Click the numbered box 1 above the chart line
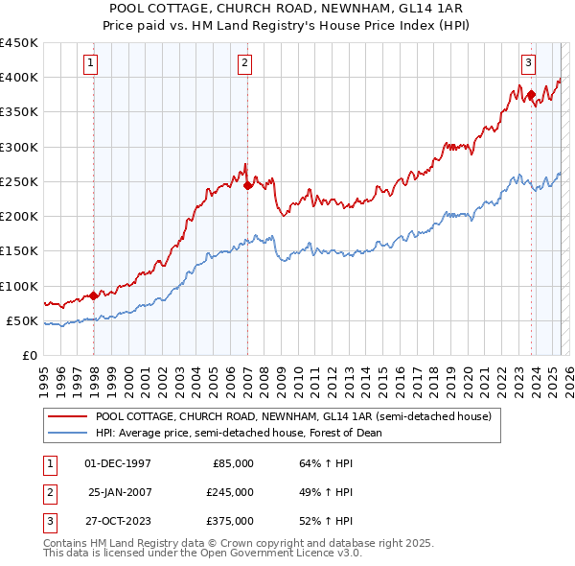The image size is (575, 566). (90, 63)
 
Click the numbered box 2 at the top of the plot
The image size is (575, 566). (244, 63)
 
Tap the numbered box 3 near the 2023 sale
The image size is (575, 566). (528, 63)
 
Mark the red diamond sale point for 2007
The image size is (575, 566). (247, 185)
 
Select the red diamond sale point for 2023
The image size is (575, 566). (531, 95)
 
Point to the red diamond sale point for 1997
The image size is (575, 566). (93, 295)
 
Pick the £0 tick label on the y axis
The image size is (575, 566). (29, 355)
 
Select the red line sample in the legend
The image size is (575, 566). (67, 416)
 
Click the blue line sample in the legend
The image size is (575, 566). (67, 433)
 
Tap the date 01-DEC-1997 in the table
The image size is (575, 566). (118, 463)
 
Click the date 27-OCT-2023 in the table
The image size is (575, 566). (118, 521)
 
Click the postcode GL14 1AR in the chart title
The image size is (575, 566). (433, 7)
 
